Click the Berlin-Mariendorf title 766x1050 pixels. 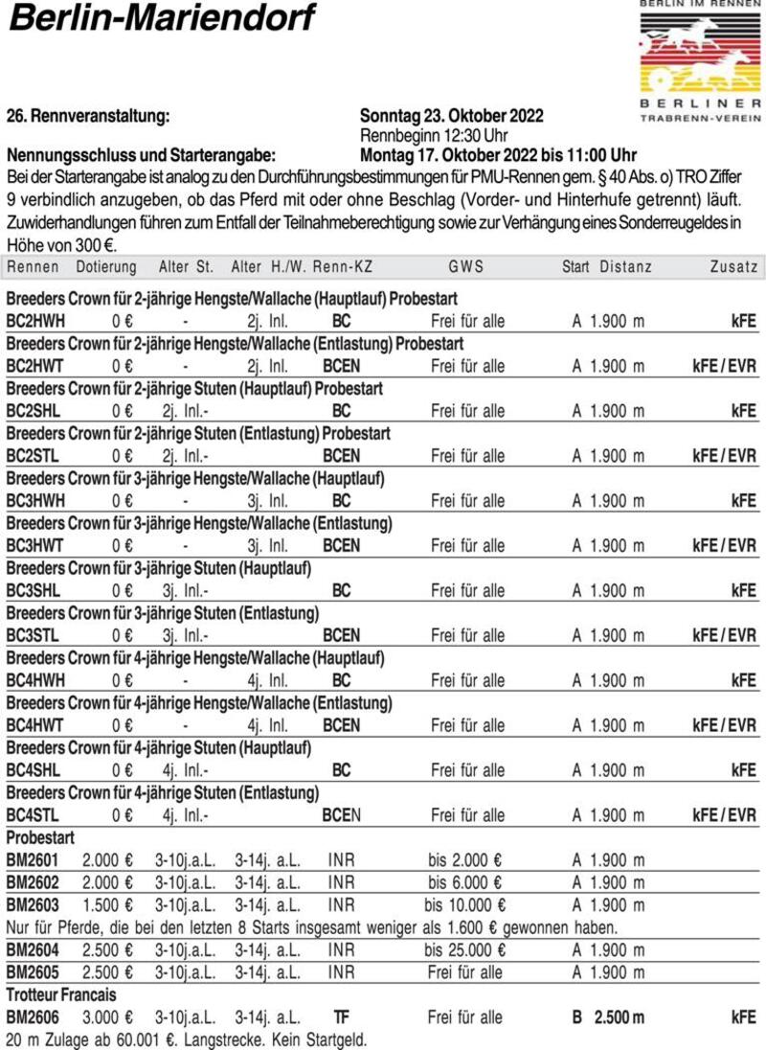point(161,19)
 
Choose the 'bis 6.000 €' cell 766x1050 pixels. point(465,882)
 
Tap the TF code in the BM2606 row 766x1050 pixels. point(341,1017)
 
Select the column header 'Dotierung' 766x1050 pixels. point(106,266)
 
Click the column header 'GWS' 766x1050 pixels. point(466,266)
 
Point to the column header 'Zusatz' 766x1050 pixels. point(733,266)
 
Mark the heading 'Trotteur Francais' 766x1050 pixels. point(61,995)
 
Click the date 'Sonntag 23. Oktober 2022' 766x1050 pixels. point(452,116)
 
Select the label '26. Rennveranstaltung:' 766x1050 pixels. point(88,116)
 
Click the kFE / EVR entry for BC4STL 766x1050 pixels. point(724,815)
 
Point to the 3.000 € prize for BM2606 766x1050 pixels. point(108,1017)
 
